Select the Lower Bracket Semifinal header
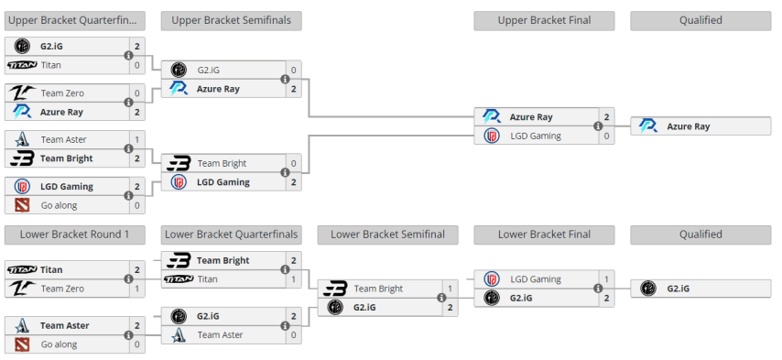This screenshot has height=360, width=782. coord(386,235)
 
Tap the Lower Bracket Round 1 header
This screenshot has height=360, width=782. coord(74,235)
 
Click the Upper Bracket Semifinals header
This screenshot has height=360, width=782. coord(230,20)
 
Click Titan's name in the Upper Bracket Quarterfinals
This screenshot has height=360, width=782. coord(51,65)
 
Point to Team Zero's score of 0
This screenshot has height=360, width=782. coord(137,93)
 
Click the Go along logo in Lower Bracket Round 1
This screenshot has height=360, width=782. coord(22,344)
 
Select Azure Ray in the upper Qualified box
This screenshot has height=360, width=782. coord(688,126)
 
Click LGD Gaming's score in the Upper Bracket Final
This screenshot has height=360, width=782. coord(606,136)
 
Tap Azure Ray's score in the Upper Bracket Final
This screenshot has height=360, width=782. coord(606,117)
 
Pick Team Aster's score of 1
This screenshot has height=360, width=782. coord(137,140)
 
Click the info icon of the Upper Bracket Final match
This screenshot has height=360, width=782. coord(597,126)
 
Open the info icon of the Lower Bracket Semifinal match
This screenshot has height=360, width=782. coord(441,298)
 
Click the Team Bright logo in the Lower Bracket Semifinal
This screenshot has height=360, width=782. coord(336,289)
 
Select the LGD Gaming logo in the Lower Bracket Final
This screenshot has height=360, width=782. coord(492,278)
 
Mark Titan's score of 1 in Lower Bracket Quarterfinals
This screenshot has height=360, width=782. coord(294,279)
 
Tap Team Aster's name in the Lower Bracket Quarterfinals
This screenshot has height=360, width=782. coord(220,335)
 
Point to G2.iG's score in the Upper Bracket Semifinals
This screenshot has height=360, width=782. coord(294,70)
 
